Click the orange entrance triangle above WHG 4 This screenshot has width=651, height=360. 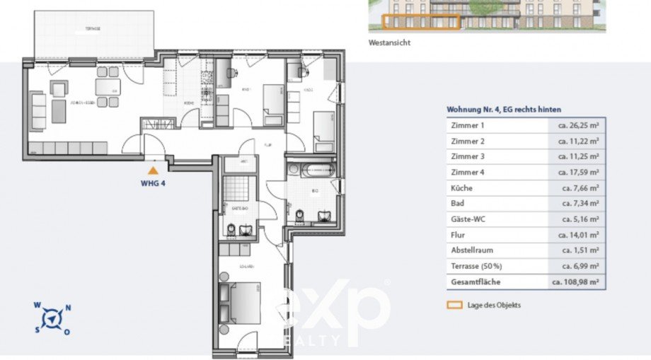pos(152,170)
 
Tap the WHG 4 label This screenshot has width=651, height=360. pos(152,181)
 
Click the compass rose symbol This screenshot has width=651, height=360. pos(52,318)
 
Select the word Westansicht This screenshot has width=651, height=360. pos(389,42)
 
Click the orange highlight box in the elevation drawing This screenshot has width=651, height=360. pos(422,21)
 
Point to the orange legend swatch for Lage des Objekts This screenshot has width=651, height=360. pos(454,305)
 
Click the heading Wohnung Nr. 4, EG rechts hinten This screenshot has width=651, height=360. pos(504,110)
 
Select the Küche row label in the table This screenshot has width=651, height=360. pos(461,188)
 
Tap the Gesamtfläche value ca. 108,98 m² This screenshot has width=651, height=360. pos(576,281)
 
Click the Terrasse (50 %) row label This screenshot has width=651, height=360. pos(476,266)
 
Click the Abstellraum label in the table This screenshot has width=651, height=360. pos(472,250)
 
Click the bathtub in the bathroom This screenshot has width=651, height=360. pos(311,170)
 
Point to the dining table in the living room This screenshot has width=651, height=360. pos(108,87)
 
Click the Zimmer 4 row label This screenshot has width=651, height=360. pos(467,173)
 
